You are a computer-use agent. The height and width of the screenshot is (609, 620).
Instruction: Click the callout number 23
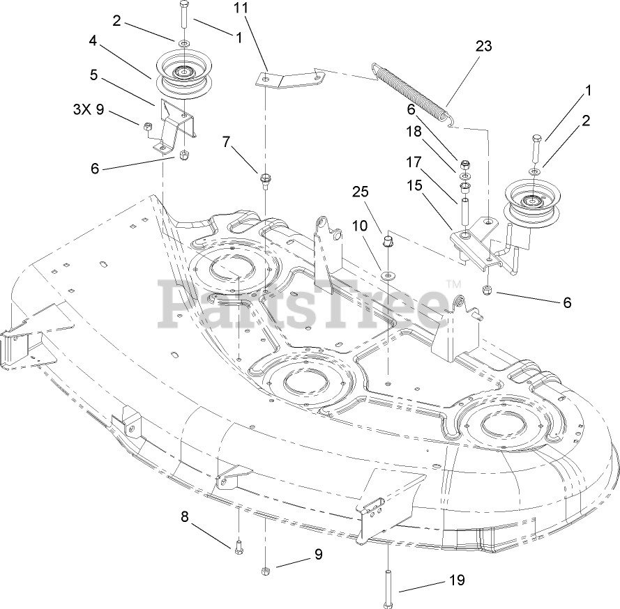483,47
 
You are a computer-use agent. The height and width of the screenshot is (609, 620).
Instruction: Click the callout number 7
225,141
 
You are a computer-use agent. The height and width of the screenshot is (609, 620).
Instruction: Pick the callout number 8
185,516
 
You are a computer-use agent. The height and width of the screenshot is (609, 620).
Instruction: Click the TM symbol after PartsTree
453,284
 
